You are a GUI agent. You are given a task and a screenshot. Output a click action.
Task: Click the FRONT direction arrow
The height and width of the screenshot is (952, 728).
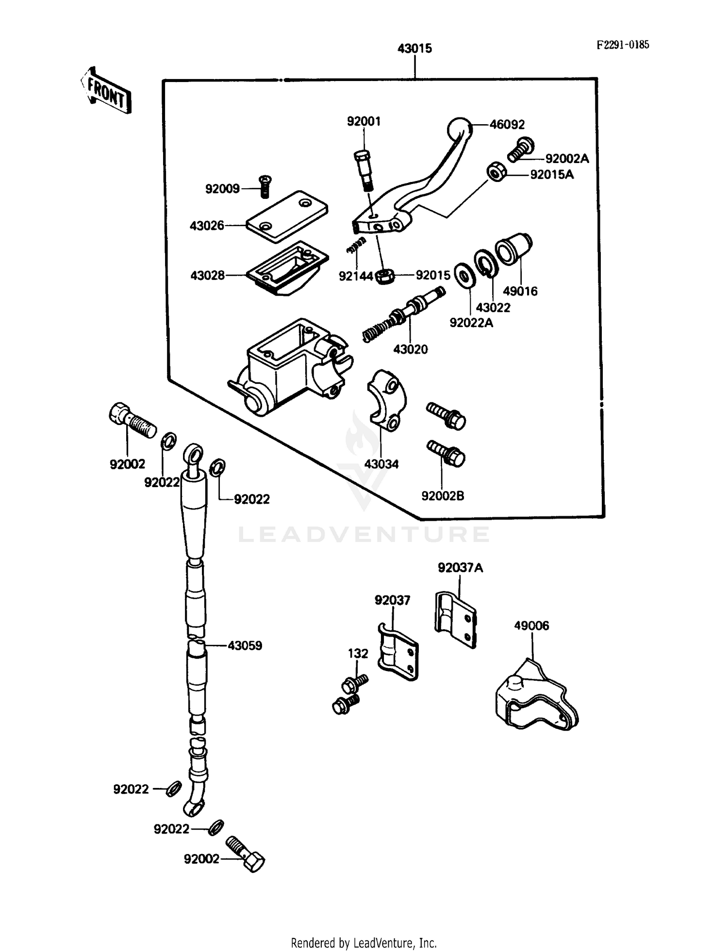click(106, 91)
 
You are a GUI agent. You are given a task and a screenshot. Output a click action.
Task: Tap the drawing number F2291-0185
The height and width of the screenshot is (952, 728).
click(622, 45)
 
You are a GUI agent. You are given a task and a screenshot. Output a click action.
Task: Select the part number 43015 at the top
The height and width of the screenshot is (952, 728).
click(414, 49)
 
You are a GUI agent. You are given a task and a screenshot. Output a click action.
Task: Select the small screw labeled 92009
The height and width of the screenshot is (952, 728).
click(265, 187)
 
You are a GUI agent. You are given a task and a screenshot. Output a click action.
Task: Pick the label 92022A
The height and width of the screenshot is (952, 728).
click(471, 323)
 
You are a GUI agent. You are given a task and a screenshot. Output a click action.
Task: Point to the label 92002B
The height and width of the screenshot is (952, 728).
click(443, 496)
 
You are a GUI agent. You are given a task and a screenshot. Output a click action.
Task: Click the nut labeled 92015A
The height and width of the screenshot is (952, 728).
click(497, 172)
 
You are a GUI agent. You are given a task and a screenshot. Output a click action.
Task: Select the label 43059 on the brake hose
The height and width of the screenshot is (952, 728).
click(245, 646)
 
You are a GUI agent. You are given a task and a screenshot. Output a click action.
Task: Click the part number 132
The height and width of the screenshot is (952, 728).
click(358, 654)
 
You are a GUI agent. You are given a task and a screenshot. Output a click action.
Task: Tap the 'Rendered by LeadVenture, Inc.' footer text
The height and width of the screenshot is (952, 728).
click(364, 943)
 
